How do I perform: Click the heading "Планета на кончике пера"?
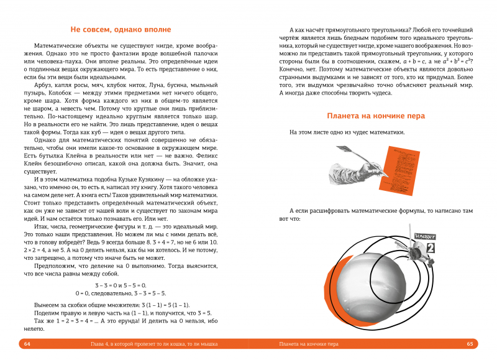click(x=375, y=115)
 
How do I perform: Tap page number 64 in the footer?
click(x=27, y=343)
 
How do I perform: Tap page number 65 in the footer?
click(x=470, y=343)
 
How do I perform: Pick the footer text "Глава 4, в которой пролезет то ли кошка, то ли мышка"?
click(x=148, y=343)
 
